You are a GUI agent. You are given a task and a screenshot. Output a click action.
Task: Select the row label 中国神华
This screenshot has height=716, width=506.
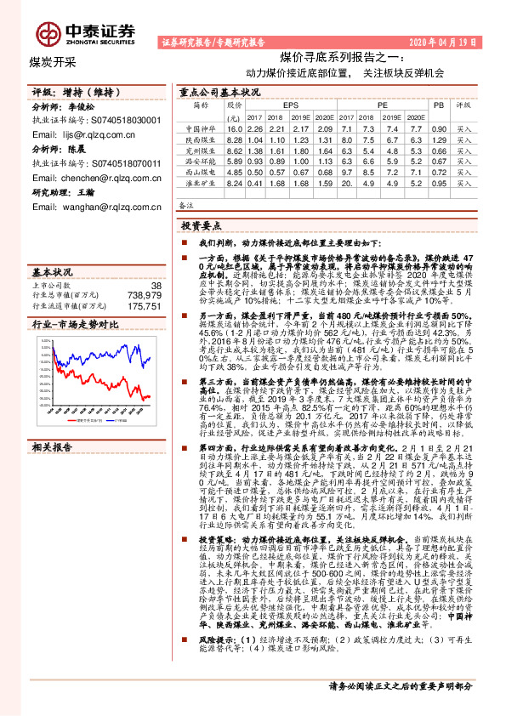(x=200, y=128)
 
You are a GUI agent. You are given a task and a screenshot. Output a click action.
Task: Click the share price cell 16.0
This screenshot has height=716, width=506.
(x=236, y=128)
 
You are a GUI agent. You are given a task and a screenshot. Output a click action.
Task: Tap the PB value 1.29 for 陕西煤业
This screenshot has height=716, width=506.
(x=438, y=139)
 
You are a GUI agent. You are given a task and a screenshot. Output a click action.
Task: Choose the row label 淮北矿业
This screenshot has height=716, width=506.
(x=200, y=183)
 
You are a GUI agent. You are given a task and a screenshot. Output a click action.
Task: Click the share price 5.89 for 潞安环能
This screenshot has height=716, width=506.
(x=236, y=161)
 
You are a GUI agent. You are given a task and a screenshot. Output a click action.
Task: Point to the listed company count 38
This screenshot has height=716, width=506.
(x=155, y=285)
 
